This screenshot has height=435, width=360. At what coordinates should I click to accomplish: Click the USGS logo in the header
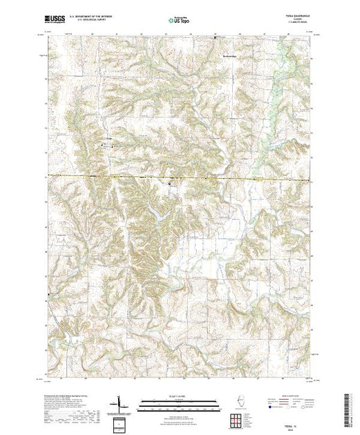pyautogui.click(x=55, y=20)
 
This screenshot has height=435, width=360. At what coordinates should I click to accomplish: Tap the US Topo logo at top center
pyautogui.click(x=180, y=21)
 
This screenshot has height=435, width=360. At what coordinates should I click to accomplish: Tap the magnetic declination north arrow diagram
pyautogui.click(x=120, y=403)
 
